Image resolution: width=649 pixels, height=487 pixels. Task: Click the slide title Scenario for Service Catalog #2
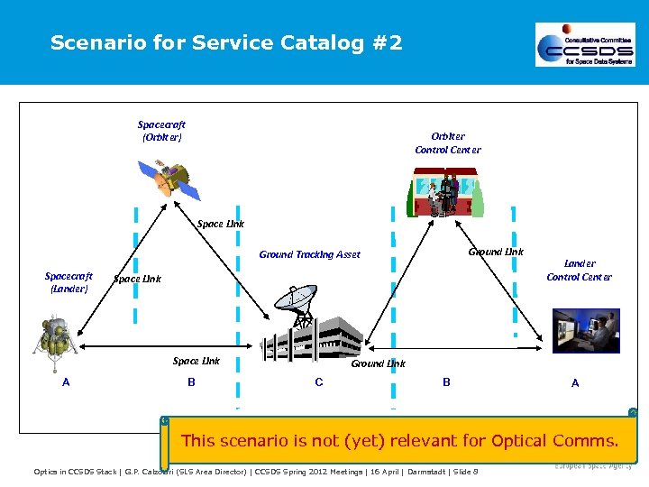pos(226,42)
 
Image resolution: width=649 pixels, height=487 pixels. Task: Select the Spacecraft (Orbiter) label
pos(161,131)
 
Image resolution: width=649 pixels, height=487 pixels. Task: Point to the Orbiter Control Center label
pos(447,142)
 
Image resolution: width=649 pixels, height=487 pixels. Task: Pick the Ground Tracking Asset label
pos(309,254)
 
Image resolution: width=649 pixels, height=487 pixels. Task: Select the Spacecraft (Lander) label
pos(69,282)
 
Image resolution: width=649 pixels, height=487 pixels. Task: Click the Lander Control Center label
pos(579,270)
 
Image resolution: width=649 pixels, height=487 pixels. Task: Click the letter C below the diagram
pos(319,382)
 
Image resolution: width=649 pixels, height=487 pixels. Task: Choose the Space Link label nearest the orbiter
pos(220,224)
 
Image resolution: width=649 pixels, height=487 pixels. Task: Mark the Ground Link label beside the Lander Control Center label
pos(496,252)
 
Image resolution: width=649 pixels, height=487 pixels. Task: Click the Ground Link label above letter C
pos(378,363)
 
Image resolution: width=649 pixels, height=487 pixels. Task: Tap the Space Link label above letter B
pos(197,361)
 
